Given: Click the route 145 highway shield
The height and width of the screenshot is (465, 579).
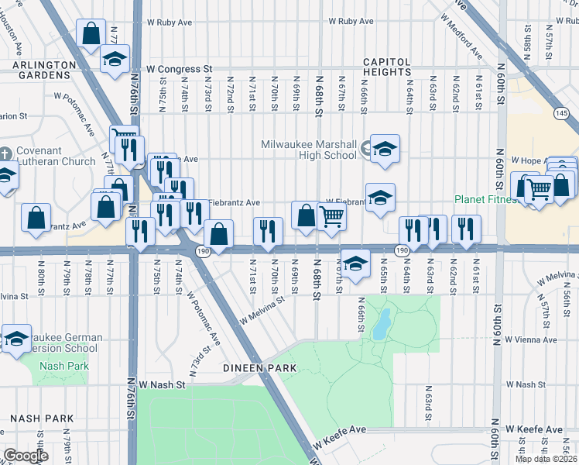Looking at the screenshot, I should tap(560, 114).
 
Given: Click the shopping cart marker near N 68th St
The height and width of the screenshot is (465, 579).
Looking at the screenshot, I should tap(331, 217).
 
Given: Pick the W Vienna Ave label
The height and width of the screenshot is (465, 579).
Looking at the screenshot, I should tap(531, 339).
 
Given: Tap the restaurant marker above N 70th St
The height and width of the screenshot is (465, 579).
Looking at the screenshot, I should tap(269, 231).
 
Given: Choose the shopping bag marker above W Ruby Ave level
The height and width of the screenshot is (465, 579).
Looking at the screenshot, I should tap(91, 34).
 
